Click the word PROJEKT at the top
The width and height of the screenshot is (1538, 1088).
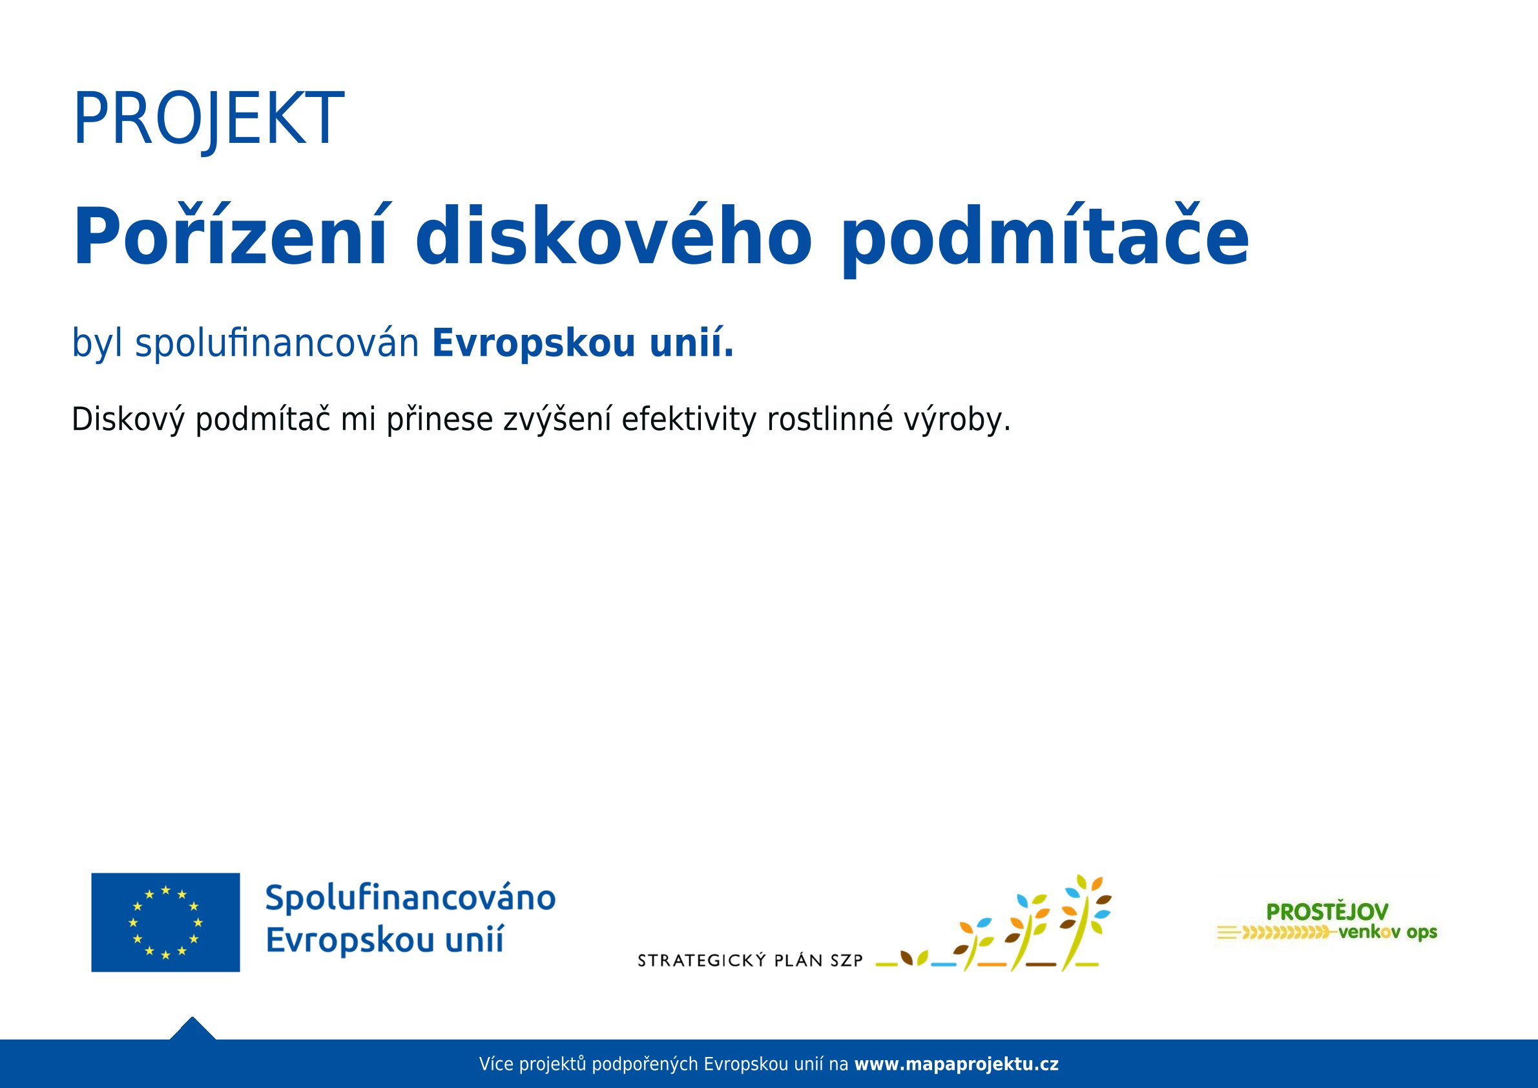click(209, 120)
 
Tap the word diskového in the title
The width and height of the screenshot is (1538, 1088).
click(614, 237)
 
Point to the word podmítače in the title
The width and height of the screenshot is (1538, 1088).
click(1045, 240)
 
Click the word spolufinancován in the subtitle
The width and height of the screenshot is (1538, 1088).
click(277, 344)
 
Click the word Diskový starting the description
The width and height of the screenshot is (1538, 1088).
click(128, 420)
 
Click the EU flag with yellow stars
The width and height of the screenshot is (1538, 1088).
click(165, 923)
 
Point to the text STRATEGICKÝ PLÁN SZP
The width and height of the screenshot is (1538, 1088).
click(750, 961)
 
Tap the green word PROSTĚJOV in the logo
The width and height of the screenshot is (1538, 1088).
click(1327, 912)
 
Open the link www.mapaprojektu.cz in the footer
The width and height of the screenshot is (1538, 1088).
click(957, 1064)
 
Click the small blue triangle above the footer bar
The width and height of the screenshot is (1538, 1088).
click(192, 1030)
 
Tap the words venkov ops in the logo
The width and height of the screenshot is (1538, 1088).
click(1388, 932)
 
